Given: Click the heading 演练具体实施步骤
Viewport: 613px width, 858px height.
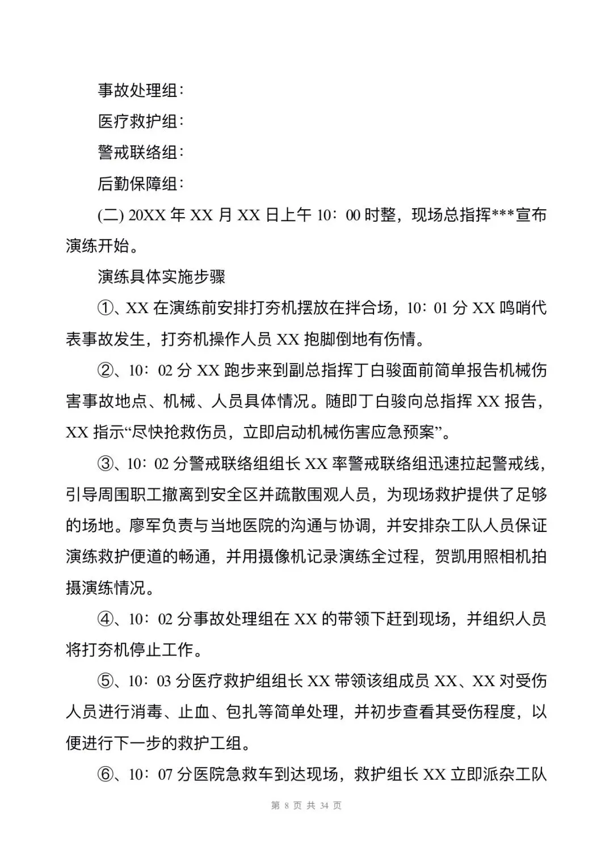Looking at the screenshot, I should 162,277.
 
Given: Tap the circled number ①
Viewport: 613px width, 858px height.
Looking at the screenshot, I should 106,308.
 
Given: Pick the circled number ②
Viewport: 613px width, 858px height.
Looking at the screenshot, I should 106,371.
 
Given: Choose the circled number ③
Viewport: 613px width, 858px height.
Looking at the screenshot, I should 106,464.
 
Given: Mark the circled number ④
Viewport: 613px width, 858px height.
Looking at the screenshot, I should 106,619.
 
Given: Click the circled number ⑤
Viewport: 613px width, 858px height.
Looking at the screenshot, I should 106,681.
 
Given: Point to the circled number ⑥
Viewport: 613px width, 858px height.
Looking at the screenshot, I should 106,774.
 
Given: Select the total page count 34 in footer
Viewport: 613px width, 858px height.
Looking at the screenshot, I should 325,806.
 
